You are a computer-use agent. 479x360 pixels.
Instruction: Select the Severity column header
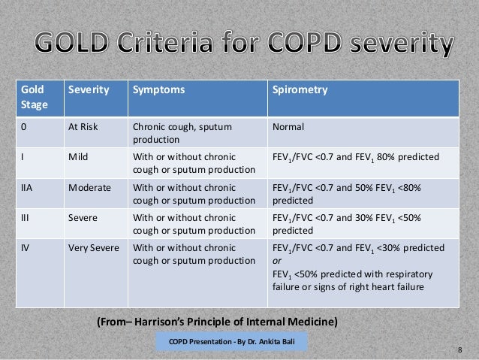(88, 90)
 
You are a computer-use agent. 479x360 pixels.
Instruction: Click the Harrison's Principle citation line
(218, 323)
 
